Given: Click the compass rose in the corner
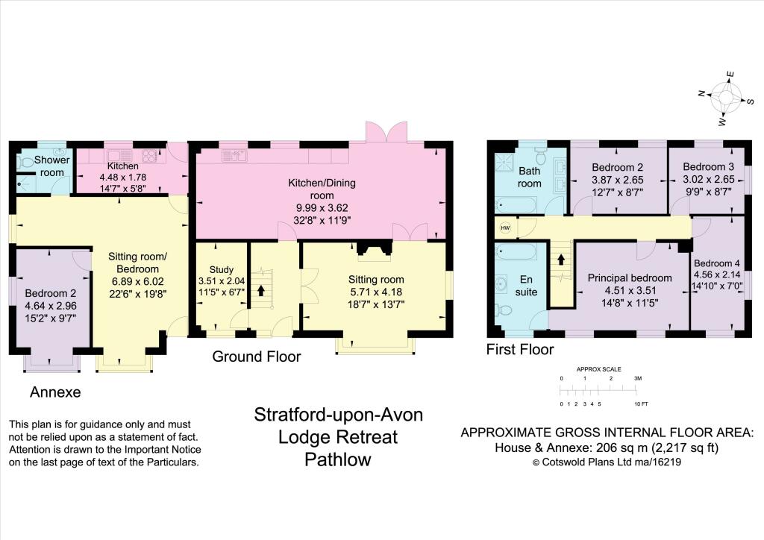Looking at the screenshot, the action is [725, 98].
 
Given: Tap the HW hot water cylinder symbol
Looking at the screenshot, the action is [505, 228].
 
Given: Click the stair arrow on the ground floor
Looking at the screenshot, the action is [261, 291].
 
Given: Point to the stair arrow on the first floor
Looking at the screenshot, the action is [561, 259].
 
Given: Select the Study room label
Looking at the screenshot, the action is [221, 269].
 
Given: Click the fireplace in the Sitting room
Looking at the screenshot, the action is [375, 248].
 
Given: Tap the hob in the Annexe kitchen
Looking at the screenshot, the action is [149, 156].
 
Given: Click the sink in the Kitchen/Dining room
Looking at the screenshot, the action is [234, 156].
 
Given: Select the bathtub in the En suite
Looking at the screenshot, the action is [516, 252].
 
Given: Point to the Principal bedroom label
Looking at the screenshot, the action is [630, 278].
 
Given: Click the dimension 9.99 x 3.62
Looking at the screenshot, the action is [322, 208].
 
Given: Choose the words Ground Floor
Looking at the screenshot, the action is [257, 357].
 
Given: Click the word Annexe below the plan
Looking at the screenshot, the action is [55, 392].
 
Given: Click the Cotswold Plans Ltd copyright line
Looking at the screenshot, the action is [607, 462].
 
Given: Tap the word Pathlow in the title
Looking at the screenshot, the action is [338, 459].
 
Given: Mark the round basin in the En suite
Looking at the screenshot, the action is [502, 283].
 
